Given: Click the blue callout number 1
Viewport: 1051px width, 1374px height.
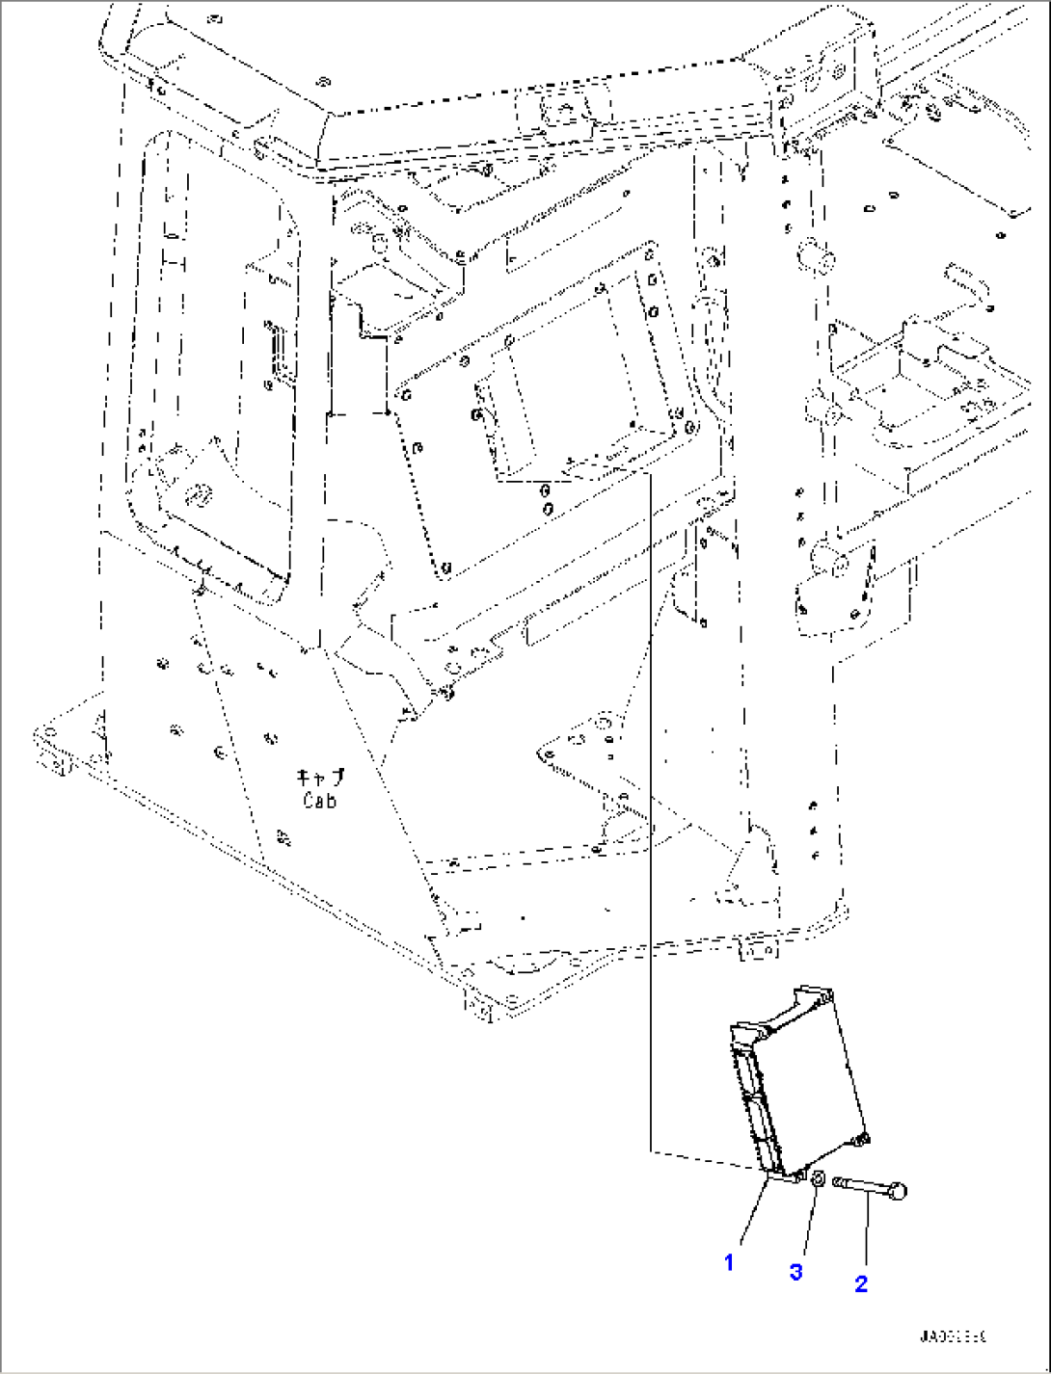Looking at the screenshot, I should pyautogui.click(x=729, y=1261).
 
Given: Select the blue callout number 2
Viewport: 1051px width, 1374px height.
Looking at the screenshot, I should pyautogui.click(x=861, y=1282).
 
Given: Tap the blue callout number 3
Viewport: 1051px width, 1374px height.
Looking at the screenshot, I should pyautogui.click(x=795, y=1272).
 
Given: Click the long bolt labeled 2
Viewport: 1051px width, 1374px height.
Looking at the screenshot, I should pyautogui.click(x=868, y=1185).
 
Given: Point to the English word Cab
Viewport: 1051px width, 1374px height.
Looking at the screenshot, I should pyautogui.click(x=319, y=800).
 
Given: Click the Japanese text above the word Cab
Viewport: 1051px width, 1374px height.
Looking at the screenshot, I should pyautogui.click(x=320, y=778).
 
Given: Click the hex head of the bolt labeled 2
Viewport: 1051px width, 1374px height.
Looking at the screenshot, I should pyautogui.click(x=899, y=1192).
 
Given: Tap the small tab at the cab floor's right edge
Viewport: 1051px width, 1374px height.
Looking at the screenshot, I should pyautogui.click(x=758, y=949).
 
